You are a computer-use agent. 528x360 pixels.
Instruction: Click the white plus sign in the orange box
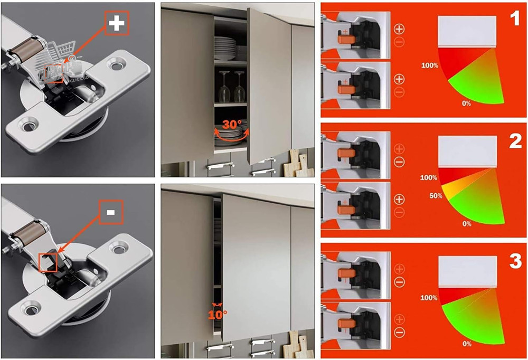point(117,23)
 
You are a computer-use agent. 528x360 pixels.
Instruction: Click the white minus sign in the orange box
point(110,212)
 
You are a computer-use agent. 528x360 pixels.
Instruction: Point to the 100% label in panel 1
point(430,66)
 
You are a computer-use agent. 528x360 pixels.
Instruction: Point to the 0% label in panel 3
point(466,344)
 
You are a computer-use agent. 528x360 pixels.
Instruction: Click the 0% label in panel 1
point(466,103)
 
